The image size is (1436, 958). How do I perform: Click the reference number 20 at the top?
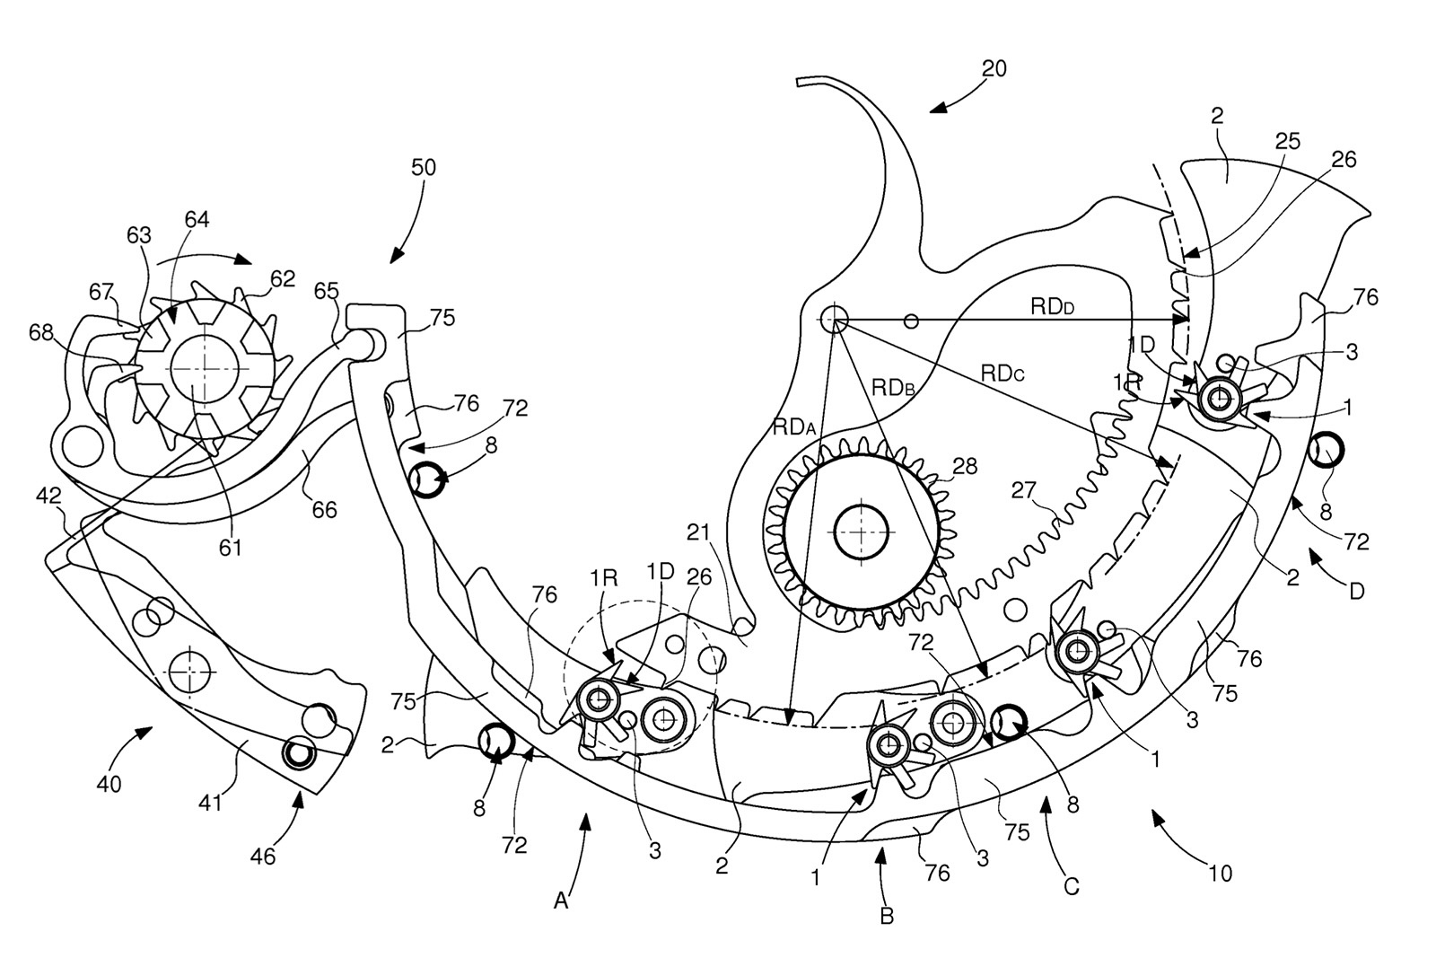point(994,68)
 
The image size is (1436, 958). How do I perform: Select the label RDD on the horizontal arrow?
point(1053,306)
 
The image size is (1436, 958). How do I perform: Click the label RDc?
point(1003,373)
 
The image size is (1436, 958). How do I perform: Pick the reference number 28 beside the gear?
point(965,466)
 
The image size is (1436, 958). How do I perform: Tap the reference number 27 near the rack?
point(1023,491)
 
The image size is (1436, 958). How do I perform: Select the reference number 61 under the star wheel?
point(231,546)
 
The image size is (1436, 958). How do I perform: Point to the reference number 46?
point(263,856)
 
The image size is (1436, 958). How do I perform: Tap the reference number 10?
point(1221,871)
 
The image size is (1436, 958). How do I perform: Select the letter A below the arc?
point(561,901)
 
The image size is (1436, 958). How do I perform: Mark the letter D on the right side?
point(1356,592)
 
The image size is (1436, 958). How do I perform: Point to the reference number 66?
point(324,509)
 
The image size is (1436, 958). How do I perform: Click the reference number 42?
point(48,495)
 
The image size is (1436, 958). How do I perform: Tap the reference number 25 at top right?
point(1287,142)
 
